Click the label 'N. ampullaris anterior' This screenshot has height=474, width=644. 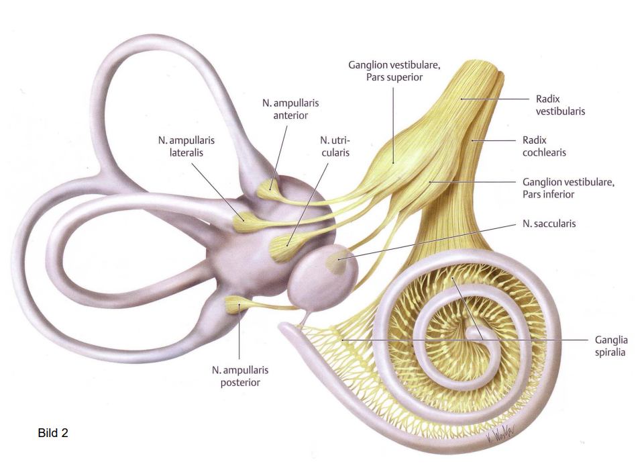[x=290, y=109]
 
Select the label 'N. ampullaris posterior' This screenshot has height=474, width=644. [x=239, y=376]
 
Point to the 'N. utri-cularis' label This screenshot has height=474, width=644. [x=334, y=146]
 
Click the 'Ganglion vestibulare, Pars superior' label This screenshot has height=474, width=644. [x=394, y=71]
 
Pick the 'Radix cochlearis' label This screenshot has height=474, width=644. [x=544, y=146]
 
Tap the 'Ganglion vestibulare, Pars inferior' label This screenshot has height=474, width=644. [x=568, y=188]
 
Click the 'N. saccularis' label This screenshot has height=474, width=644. [x=548, y=224]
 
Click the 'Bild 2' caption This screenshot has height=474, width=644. [x=53, y=433]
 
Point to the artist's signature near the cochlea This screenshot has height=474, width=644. [x=499, y=436]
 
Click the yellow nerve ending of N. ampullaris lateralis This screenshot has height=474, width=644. [x=243, y=220]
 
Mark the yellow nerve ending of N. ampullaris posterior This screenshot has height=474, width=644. [x=235, y=306]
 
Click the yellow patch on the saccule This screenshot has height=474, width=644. [x=335, y=260]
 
